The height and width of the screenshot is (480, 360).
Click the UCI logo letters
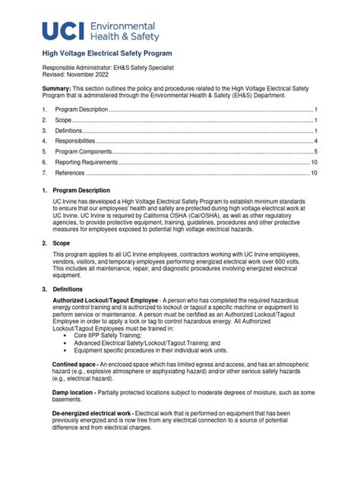click(x=64, y=30)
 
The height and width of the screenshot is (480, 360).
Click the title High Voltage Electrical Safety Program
click(x=106, y=54)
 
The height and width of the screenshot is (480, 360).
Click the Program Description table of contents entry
click(x=82, y=109)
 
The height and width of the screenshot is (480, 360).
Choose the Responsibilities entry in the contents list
click(x=75, y=141)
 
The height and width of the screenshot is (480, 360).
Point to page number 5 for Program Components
click(x=316, y=152)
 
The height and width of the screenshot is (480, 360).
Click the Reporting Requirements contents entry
click(x=87, y=163)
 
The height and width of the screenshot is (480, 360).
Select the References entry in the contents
click(x=71, y=173)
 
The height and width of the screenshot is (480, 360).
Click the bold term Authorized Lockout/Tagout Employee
click(x=95, y=302)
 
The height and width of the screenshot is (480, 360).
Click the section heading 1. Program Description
click(x=76, y=190)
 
